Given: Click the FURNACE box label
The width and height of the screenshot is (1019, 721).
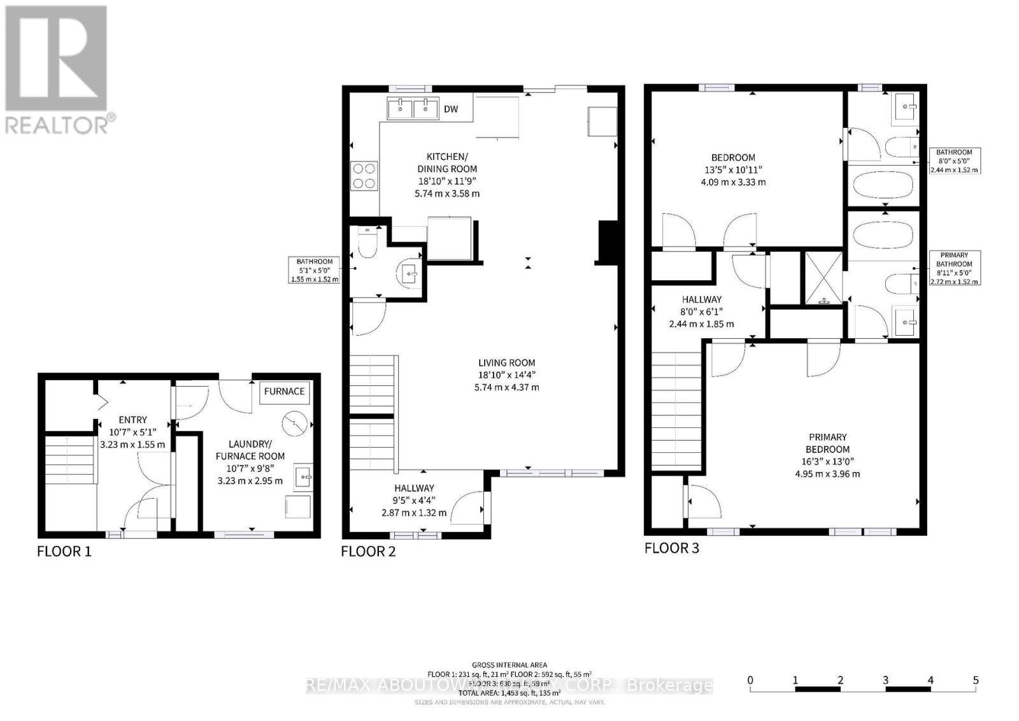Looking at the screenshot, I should pyautogui.click(x=284, y=392).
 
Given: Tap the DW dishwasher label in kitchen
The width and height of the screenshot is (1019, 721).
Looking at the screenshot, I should pyautogui.click(x=451, y=110).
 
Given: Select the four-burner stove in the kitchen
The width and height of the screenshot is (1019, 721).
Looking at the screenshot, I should pyautogui.click(x=364, y=176).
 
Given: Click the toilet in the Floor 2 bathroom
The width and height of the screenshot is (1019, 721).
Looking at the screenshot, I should pyautogui.click(x=367, y=244).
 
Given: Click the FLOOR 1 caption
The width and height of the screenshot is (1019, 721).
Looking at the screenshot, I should pyautogui.click(x=64, y=552).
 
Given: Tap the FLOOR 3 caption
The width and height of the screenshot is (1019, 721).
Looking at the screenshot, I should pyautogui.click(x=672, y=548).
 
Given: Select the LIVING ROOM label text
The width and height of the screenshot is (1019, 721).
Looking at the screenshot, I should pyautogui.click(x=507, y=363).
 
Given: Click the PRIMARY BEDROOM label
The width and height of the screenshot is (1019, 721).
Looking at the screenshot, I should pyautogui.click(x=827, y=443).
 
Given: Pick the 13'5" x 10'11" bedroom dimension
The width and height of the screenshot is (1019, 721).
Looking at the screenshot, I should pyautogui.click(x=733, y=169).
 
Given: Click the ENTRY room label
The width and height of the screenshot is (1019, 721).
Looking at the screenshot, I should pyautogui.click(x=132, y=420).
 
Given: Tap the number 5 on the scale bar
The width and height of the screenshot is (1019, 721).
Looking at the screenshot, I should pyautogui.click(x=976, y=680).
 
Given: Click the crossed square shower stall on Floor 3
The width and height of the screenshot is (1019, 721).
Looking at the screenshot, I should pyautogui.click(x=823, y=278).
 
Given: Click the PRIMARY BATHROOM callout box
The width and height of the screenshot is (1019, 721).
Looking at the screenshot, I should pyautogui.click(x=954, y=268).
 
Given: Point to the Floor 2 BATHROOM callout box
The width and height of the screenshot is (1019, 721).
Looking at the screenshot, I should pyautogui.click(x=315, y=270).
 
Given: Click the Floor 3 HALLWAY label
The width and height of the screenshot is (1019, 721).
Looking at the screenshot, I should pyautogui.click(x=701, y=299).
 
